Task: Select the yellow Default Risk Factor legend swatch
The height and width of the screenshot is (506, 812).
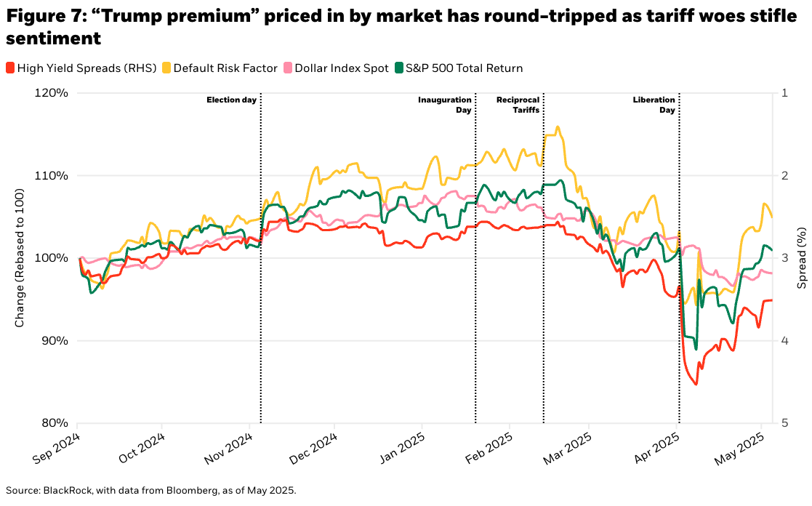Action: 166,68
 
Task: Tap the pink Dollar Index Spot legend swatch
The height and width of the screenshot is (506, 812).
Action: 288,68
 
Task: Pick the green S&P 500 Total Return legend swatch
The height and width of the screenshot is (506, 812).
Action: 399,68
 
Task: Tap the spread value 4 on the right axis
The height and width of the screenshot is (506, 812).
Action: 784,340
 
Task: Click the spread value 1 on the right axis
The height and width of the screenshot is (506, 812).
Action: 784,93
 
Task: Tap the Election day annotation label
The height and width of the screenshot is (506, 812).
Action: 231,100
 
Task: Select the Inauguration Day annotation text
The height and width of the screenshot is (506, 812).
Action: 445,105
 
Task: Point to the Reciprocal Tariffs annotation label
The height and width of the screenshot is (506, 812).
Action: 518,105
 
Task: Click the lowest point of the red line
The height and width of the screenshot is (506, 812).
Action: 696,385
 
